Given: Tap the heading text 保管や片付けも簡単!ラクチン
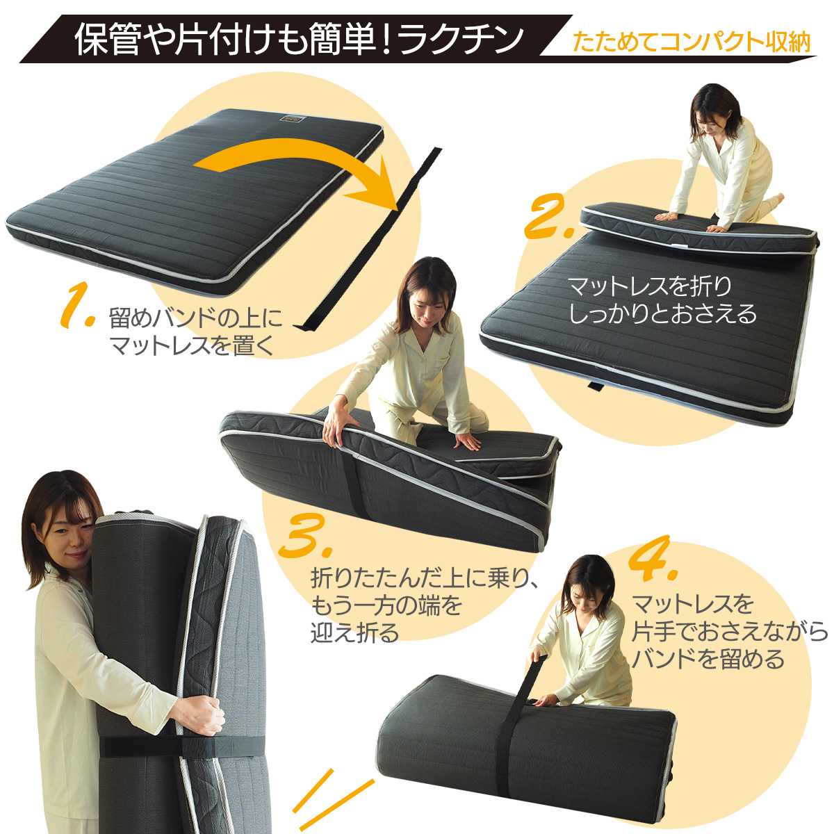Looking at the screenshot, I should tap(299, 40).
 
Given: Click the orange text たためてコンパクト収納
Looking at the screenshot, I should tap(692, 42).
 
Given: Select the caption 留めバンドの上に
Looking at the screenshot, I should tap(196, 319).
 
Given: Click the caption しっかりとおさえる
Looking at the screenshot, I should tap(662, 314).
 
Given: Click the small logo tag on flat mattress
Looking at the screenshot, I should tap(292, 120).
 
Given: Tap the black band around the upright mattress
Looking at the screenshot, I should tap(181, 747).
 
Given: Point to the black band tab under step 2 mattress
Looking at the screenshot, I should tap(596, 386).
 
